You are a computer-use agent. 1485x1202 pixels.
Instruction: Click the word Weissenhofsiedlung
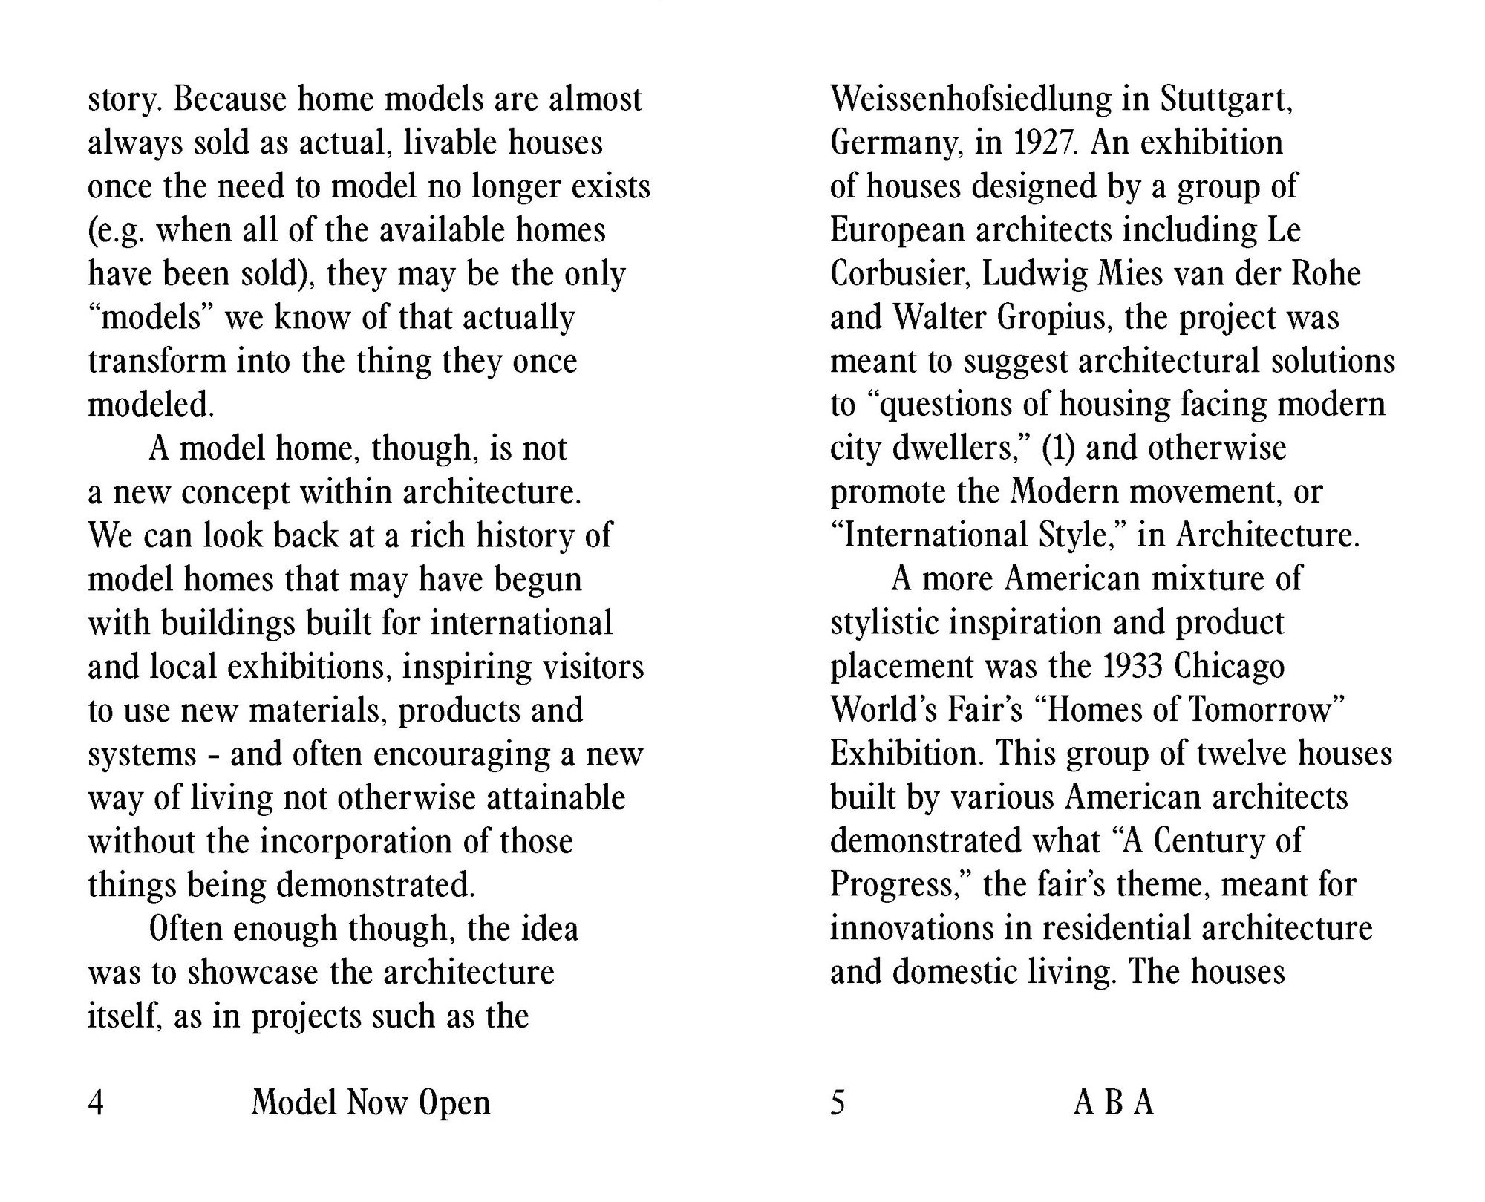point(970,99)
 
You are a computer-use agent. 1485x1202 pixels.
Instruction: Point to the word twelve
point(1239,754)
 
